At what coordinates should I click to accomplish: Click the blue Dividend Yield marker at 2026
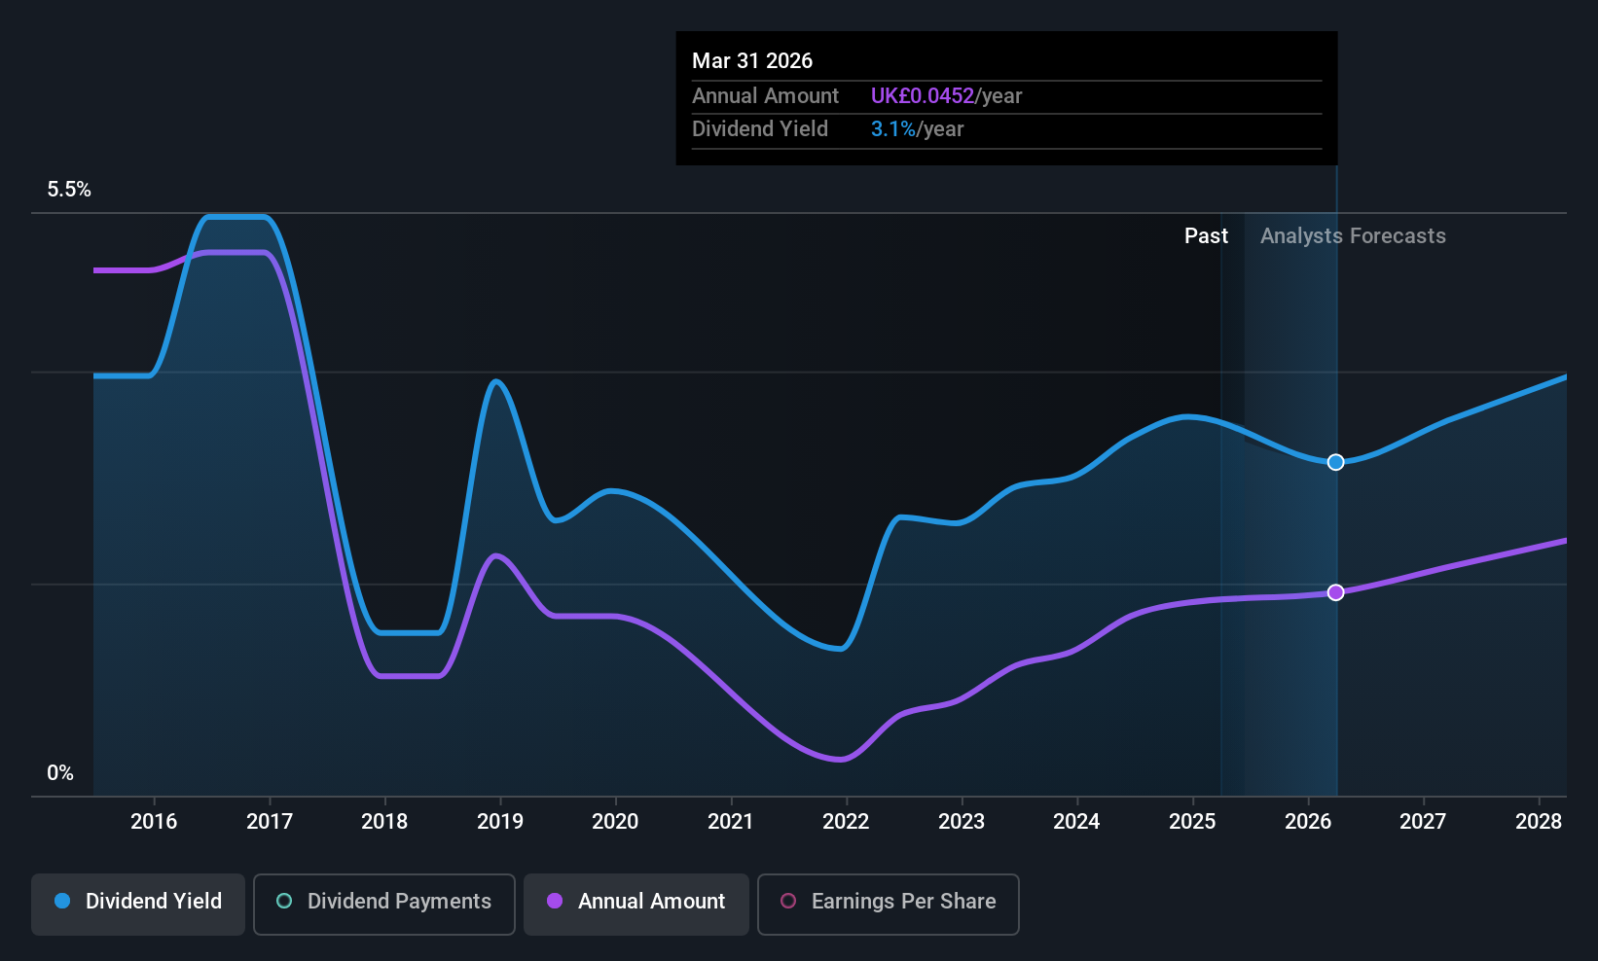point(1335,462)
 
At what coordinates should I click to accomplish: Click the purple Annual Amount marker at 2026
point(1335,592)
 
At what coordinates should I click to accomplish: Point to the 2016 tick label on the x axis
point(154,821)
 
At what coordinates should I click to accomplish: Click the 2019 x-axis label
point(500,821)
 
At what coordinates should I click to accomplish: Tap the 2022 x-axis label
point(846,821)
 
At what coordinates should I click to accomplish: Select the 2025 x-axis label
point(1192,821)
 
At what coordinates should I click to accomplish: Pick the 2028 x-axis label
point(1539,821)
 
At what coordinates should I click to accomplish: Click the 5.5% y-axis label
point(69,190)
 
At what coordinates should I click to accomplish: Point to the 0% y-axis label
point(60,773)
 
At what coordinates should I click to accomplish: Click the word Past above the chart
point(1207,236)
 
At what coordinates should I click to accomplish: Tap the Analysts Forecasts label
point(1354,236)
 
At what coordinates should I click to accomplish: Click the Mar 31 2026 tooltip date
point(752,60)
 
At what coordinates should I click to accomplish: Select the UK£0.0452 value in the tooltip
point(923,95)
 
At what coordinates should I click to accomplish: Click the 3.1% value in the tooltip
point(893,129)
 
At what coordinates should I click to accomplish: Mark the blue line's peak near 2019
point(496,381)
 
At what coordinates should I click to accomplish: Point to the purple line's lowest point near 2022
point(841,760)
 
